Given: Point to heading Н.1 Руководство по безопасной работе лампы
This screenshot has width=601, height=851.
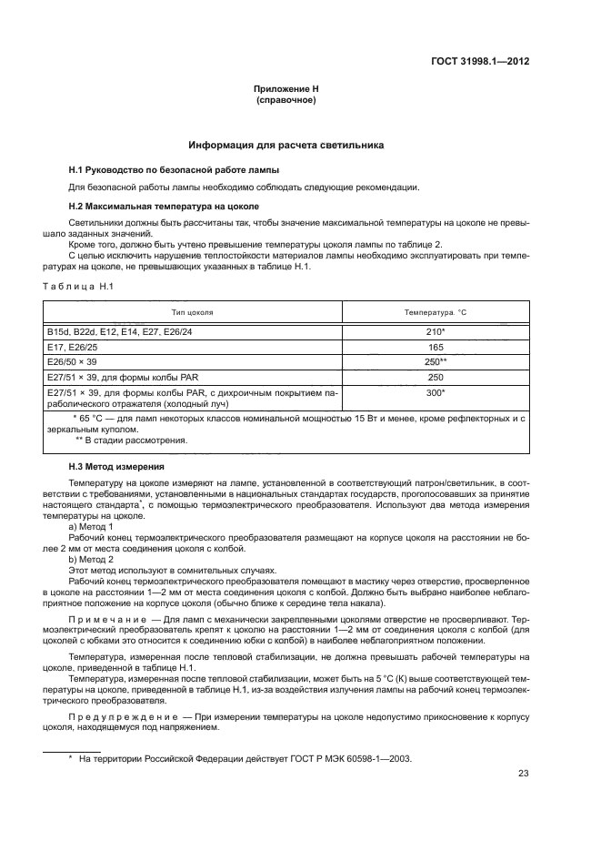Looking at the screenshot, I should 174,170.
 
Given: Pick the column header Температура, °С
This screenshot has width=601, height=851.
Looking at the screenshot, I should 436,312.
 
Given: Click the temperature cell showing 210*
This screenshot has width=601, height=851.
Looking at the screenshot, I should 436,332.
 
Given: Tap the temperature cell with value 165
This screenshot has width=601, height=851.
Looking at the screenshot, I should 436,347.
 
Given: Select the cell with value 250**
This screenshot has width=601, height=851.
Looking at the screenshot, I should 436,361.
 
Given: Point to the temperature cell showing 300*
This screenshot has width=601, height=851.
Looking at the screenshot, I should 436,392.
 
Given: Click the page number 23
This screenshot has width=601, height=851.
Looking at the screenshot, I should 524,775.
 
